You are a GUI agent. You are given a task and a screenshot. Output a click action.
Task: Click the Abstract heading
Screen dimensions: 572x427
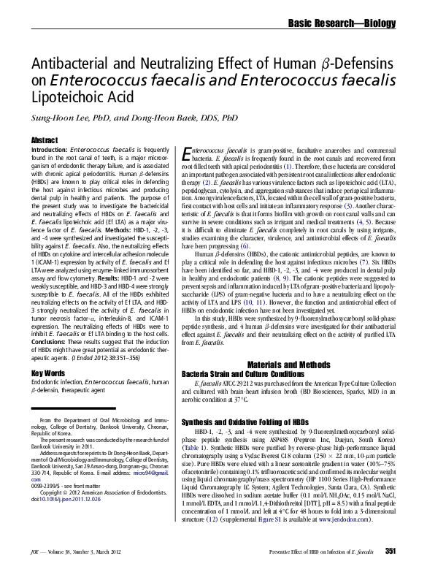coord(45,140)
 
